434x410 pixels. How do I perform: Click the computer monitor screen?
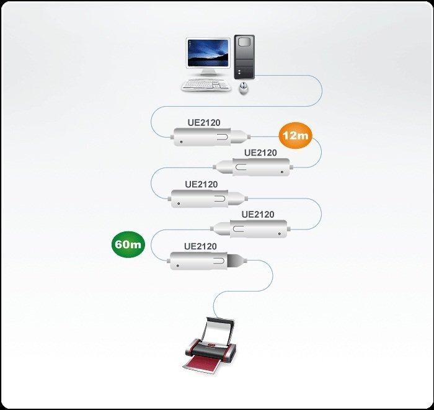[x=207, y=55]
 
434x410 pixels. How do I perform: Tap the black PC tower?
[x=246, y=56]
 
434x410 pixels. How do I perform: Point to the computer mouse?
[x=244, y=88]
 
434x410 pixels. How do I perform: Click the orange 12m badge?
[x=295, y=135]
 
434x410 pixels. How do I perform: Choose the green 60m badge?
[x=128, y=244]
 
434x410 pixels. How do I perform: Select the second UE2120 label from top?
[x=260, y=153]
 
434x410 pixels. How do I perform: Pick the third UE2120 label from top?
[x=201, y=184]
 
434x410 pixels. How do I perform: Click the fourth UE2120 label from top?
[x=258, y=215]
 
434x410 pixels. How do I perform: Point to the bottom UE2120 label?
[x=200, y=246]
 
